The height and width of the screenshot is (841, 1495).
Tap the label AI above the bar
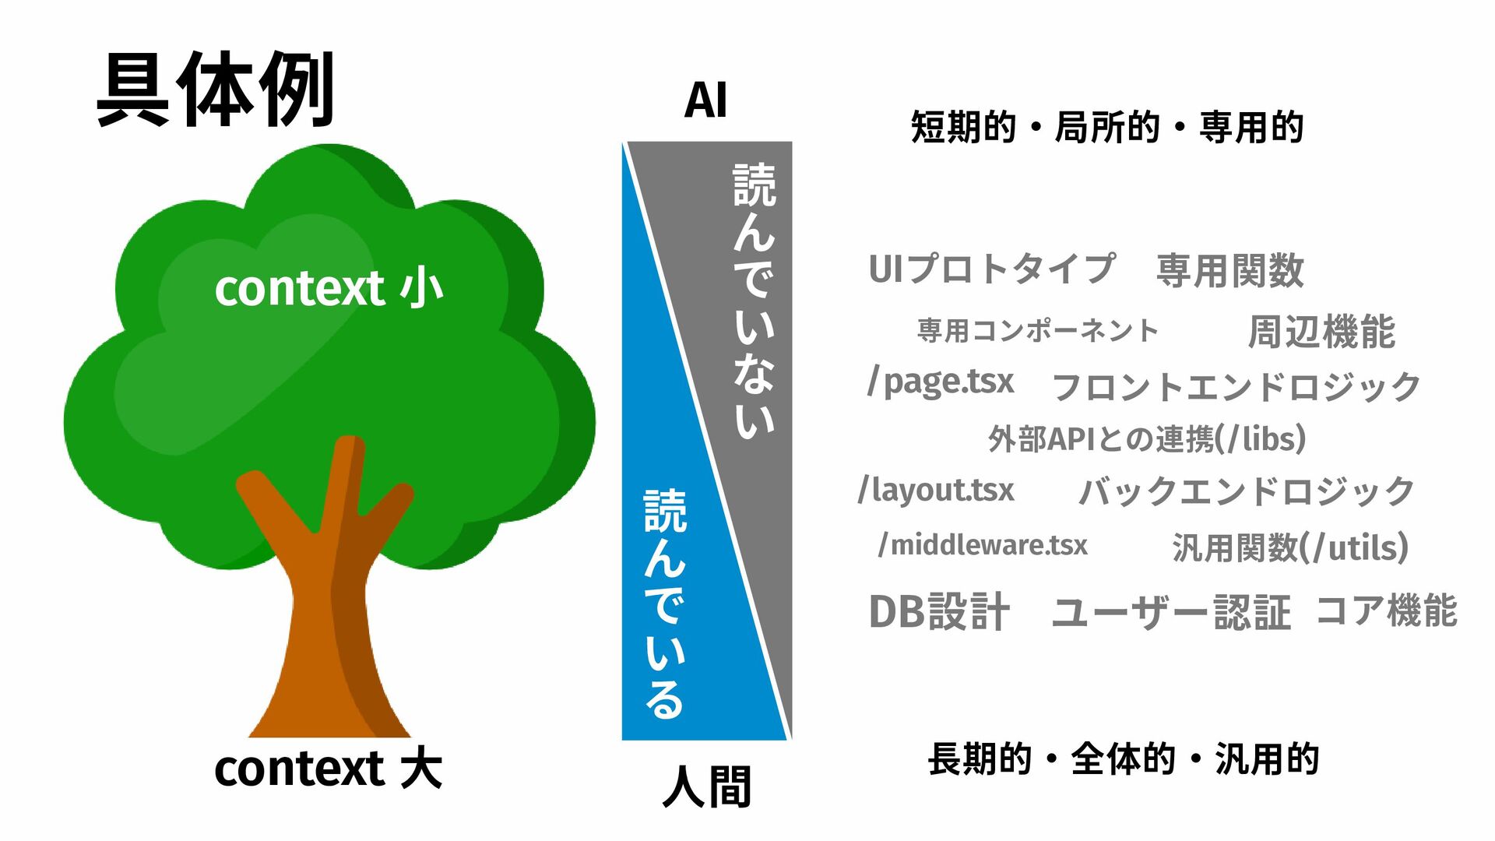coord(705,101)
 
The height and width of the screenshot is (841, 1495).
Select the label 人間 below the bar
coord(706,786)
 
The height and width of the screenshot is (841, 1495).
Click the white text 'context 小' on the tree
coord(328,289)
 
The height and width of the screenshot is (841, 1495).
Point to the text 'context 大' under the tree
coord(328,769)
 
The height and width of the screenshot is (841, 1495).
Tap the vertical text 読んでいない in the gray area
coord(754,300)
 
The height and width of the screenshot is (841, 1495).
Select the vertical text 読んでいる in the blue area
coord(664,603)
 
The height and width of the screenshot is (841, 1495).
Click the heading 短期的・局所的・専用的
coord(1106,127)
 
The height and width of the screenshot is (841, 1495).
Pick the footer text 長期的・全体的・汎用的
coord(1123,759)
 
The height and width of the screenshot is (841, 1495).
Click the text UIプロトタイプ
coord(991,269)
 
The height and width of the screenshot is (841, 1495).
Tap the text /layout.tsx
coord(936,491)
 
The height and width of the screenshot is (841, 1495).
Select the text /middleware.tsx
coord(983,545)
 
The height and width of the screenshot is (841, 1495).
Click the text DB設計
coord(939,611)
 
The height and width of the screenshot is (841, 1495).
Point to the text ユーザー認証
coord(1170,612)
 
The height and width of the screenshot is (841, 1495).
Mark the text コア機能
coord(1386,610)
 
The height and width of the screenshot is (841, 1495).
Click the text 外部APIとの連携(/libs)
coord(1146,439)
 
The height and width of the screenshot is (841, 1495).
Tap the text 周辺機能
coord(1321,332)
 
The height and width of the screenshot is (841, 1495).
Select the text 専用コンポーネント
coord(1038,331)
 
